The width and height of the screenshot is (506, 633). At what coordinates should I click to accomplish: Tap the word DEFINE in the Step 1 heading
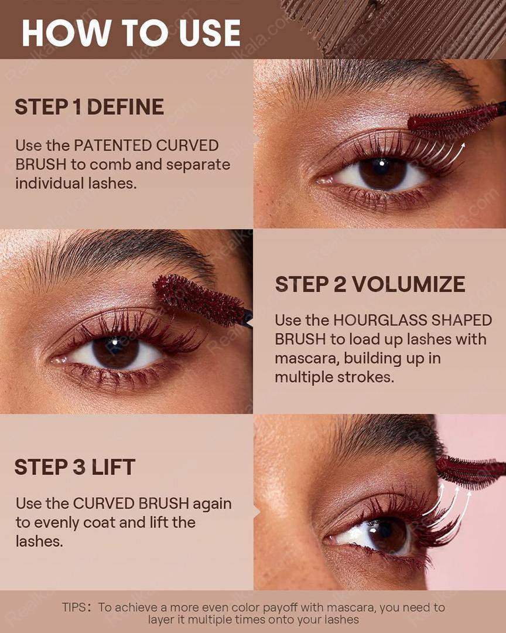[x=125, y=107]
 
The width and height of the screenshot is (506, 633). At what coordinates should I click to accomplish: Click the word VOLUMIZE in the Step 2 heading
[x=409, y=284]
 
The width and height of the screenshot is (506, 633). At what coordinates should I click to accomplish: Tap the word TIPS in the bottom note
[x=74, y=607]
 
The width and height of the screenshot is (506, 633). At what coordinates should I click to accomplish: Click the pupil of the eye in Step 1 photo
[x=381, y=166]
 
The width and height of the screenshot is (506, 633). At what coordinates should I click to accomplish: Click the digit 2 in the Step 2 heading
[x=340, y=284]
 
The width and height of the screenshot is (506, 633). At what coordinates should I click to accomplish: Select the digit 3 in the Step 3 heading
[x=79, y=467]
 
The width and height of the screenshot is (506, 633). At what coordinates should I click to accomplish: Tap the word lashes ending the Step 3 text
[x=39, y=542]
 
